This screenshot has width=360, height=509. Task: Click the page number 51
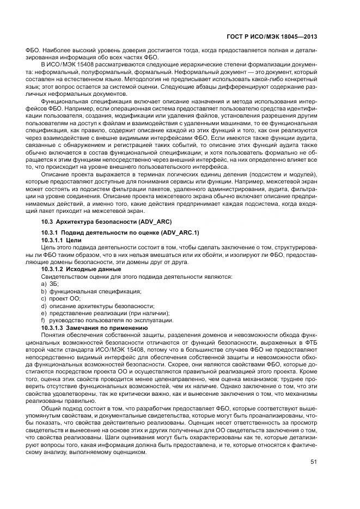click(x=313, y=462)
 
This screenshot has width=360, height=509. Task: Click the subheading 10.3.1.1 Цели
click(x=61, y=240)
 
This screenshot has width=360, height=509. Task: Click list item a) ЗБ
click(x=50, y=284)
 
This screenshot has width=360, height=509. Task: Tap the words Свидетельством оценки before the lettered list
click(x=70, y=277)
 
